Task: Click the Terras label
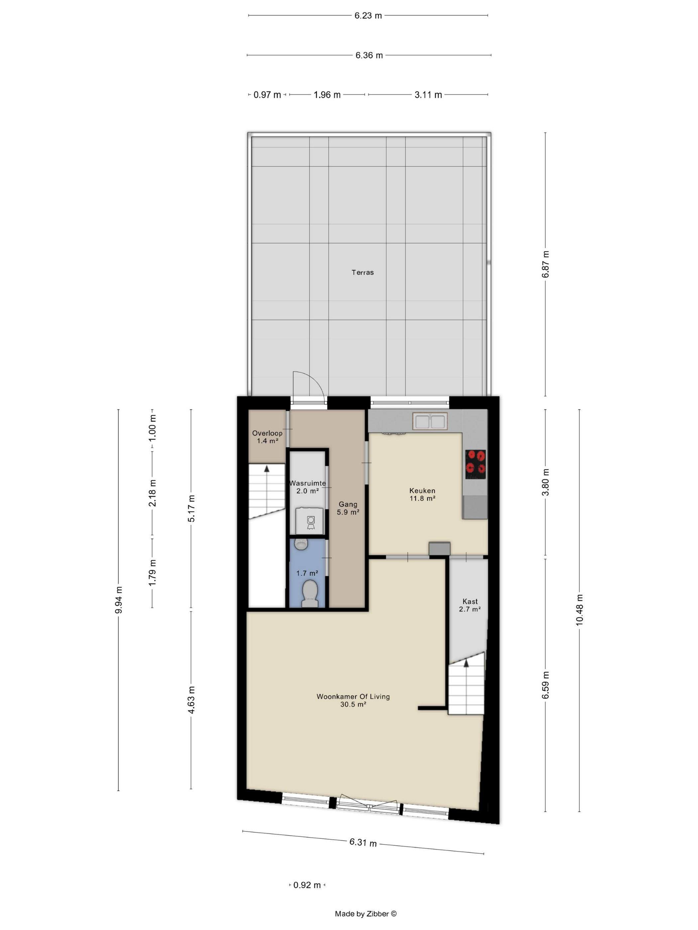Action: tap(362, 272)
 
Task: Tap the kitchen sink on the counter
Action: tap(429, 421)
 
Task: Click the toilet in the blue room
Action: tap(310, 593)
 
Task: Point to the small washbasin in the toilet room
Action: tap(301, 544)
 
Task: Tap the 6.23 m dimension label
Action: tap(368, 16)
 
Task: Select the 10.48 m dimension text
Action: tap(579, 610)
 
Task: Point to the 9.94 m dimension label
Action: tap(119, 600)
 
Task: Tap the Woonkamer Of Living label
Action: tap(353, 697)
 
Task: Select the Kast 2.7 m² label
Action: tap(470, 605)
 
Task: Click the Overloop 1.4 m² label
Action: tap(267, 437)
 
